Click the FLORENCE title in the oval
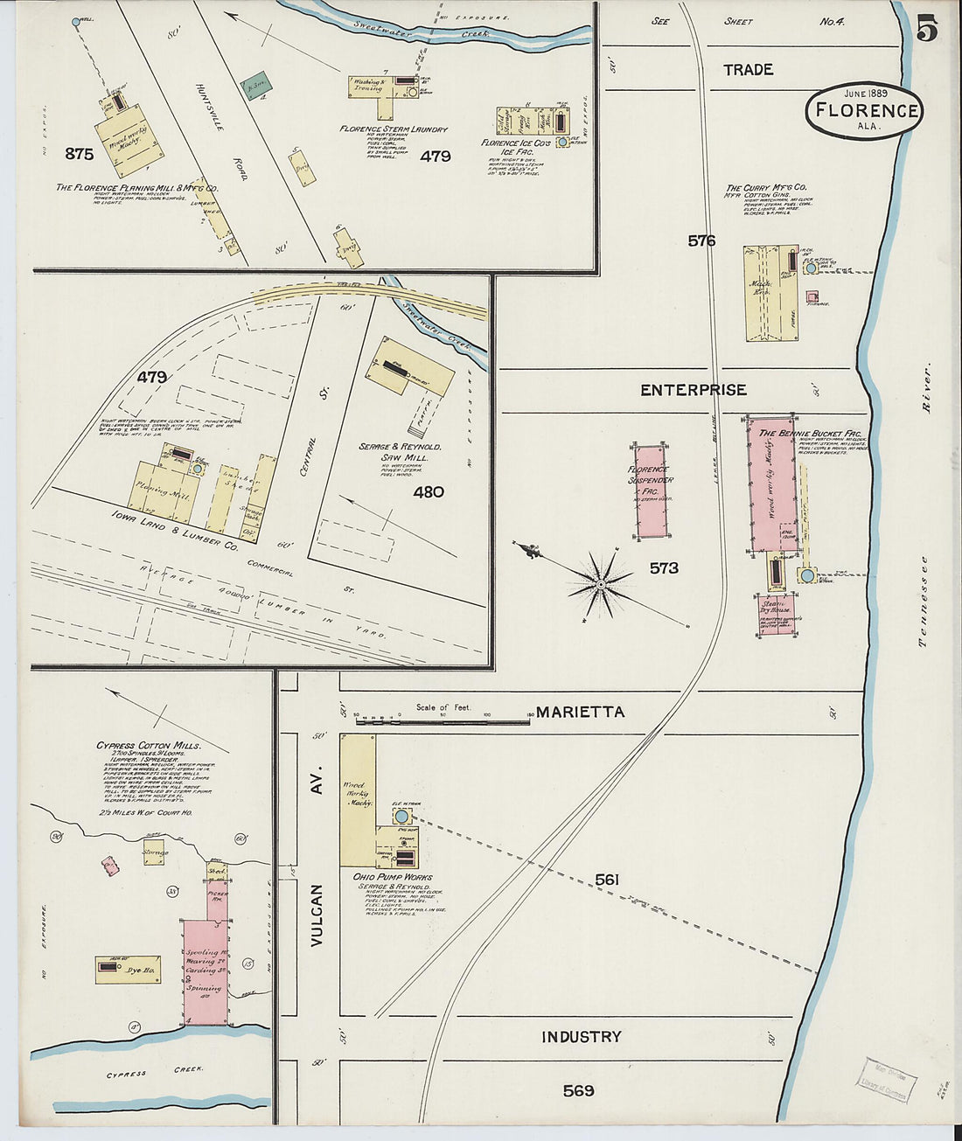(867, 111)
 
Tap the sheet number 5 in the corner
(927, 30)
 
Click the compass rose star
(601, 581)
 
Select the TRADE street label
(748, 70)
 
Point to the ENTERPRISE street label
(693, 390)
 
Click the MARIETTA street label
(580, 712)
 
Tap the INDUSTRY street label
(581, 1037)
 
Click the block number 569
(579, 1090)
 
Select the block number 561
(607, 879)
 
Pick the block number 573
(664, 568)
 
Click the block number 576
(701, 240)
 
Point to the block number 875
(79, 154)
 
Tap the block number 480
(429, 492)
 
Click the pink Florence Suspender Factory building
(651, 490)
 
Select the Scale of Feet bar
(443, 718)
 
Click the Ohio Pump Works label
(393, 877)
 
